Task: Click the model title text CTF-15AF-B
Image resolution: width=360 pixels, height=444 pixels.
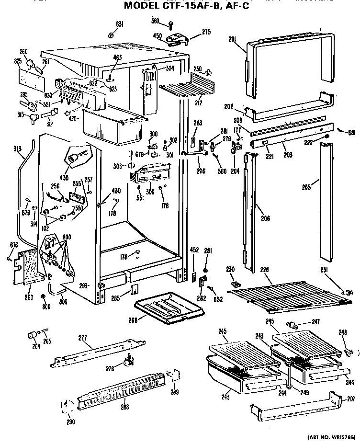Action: click(x=189, y=6)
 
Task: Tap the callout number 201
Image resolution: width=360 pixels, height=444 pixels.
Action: click(x=233, y=40)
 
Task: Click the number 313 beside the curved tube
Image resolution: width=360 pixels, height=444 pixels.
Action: click(x=18, y=148)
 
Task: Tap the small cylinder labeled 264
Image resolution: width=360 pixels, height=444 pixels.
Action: click(x=33, y=334)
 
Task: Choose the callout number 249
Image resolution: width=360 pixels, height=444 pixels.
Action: click(x=304, y=392)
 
